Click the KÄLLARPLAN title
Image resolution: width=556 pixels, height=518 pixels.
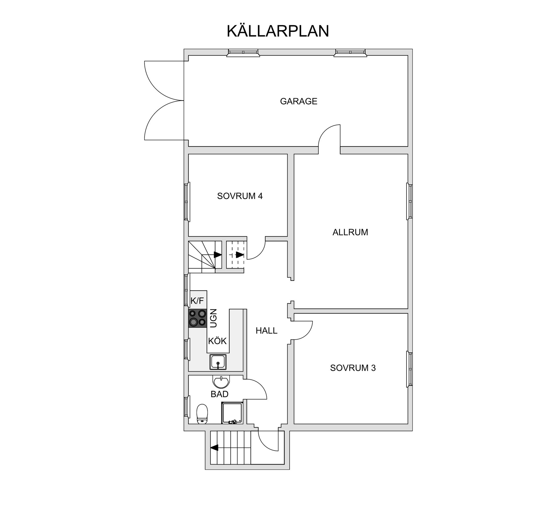[277, 31]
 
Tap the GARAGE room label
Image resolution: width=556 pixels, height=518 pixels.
[299, 101]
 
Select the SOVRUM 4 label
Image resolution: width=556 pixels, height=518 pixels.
[240, 196]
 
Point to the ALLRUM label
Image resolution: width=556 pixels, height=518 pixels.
[350, 232]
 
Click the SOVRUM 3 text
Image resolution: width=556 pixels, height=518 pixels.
[353, 368]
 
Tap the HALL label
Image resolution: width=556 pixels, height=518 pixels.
[266, 330]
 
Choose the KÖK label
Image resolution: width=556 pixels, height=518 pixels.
[217, 341]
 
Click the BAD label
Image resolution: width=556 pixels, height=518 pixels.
[220, 394]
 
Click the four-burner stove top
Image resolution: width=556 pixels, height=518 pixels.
[197, 318]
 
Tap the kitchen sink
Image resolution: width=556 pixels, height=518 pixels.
[218, 362]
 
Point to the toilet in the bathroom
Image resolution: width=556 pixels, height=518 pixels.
[202, 414]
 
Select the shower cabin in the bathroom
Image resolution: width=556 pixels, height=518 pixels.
[232, 413]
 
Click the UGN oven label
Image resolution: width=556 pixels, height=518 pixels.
[213, 318]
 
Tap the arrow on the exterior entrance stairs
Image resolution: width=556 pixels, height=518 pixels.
[215, 448]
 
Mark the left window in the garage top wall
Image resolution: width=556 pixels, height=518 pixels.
[243, 52]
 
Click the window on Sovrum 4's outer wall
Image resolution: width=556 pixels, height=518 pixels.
[187, 202]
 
